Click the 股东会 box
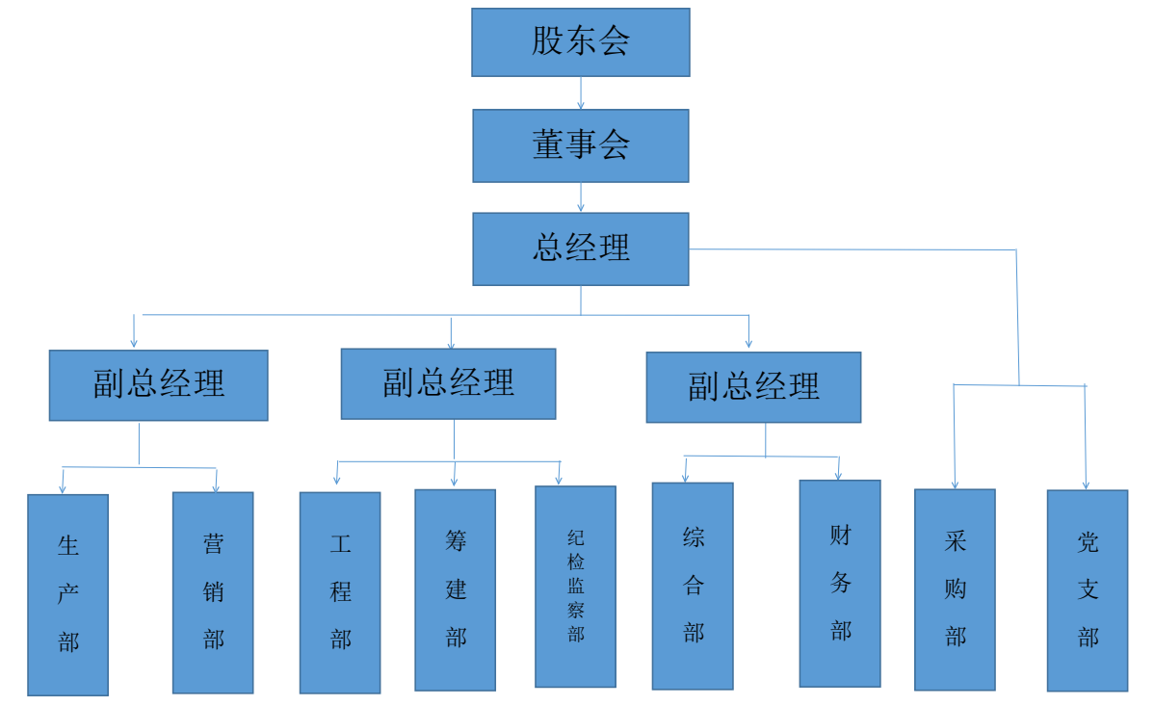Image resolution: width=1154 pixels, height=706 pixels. tap(580, 42)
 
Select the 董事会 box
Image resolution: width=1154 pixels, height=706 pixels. tap(580, 145)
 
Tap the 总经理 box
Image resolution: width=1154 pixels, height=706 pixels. tap(580, 248)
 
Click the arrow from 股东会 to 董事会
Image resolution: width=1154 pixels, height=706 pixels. tap(580, 92)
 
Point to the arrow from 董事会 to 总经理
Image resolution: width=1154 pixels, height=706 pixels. tap(580, 196)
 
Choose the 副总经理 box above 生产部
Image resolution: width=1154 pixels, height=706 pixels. tap(158, 384)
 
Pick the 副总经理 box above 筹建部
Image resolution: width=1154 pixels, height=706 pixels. tap(448, 383)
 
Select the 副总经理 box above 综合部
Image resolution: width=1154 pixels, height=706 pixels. tap(753, 387)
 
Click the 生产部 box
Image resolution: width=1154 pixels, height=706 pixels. tap(67, 594)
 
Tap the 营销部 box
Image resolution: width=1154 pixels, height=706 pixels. tap(213, 592)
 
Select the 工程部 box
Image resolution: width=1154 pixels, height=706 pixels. tap(340, 592)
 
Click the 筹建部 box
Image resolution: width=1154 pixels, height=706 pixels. tap(455, 589)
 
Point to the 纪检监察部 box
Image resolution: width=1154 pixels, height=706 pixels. tap(575, 586)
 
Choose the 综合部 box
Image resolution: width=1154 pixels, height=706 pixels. tap(693, 586)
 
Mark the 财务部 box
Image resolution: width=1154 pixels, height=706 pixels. tap(840, 583)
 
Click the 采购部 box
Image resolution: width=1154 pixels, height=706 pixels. tap(955, 589)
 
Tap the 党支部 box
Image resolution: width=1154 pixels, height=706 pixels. tap(1087, 590)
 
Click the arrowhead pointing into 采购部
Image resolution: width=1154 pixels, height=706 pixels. tap(955, 484)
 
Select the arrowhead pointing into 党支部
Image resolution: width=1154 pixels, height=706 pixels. tap(1087, 484)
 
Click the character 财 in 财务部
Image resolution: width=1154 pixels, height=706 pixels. tap(840, 536)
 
